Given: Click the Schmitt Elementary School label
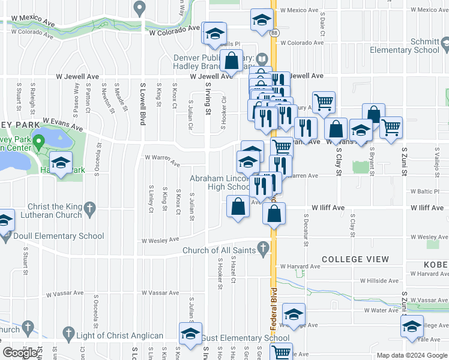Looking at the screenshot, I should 414,50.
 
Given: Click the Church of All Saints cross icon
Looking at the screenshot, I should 263,246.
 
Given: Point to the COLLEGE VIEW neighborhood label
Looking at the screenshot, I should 355,259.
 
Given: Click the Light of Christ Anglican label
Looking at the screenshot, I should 119,335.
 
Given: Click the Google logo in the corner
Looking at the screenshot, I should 20,353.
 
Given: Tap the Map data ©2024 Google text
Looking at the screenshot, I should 412,355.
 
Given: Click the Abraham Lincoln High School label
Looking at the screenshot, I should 221,182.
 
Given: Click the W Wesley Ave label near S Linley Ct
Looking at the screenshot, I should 160,241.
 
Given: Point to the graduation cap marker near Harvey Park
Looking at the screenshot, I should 61,163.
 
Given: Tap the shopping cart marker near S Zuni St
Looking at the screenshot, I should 391,127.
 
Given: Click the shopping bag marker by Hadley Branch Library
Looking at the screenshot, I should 231,61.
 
